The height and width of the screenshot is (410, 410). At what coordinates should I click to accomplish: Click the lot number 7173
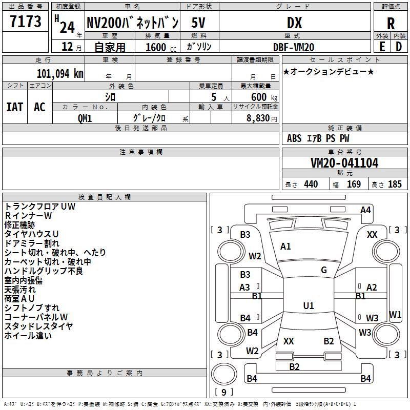click(x=26, y=21)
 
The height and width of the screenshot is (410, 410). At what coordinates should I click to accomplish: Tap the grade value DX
click(x=294, y=23)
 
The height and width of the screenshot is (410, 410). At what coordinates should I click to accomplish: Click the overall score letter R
click(x=391, y=24)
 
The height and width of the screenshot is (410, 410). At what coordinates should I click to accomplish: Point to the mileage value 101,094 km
click(x=60, y=73)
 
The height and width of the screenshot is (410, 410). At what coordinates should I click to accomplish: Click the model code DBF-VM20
click(x=294, y=47)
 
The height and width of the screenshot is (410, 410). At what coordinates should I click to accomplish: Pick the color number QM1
click(x=85, y=118)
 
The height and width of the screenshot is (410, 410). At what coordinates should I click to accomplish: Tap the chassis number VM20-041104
click(x=344, y=162)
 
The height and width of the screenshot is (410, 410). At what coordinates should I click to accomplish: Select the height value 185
click(x=395, y=184)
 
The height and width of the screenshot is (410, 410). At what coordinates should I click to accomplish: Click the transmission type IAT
click(x=15, y=107)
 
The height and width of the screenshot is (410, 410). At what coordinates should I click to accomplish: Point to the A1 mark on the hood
click(x=285, y=247)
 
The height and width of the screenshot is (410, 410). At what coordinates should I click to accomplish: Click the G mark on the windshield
click(x=324, y=270)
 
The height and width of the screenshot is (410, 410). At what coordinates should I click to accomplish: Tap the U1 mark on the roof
click(x=309, y=305)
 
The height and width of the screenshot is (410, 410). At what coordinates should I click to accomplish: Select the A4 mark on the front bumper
click(x=365, y=210)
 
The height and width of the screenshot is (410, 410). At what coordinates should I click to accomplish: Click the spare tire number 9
click(x=223, y=392)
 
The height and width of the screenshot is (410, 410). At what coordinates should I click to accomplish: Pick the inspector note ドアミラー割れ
click(x=32, y=243)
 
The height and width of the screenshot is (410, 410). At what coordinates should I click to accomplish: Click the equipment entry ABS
click(x=294, y=138)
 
